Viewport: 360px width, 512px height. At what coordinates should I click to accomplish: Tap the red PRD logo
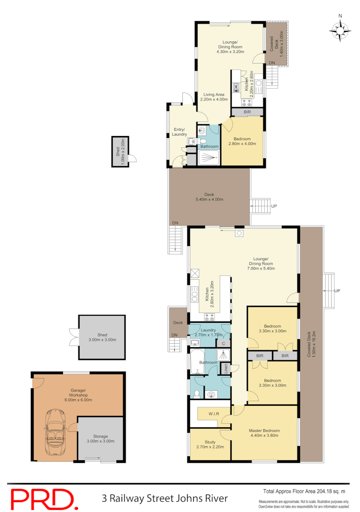[43, 499]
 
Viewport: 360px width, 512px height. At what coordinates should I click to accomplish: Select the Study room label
[210, 444]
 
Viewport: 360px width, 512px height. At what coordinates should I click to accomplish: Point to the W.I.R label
[208, 413]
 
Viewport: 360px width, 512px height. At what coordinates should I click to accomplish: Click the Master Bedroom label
[263, 433]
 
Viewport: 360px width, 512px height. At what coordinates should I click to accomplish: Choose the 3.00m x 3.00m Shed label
[103, 337]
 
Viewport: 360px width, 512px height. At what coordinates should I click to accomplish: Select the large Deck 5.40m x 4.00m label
[209, 197]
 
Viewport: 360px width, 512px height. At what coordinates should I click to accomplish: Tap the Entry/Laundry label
[180, 132]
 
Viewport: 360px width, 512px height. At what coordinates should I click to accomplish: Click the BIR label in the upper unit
[247, 112]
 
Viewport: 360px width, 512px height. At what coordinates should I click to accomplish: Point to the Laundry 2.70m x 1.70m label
[208, 332]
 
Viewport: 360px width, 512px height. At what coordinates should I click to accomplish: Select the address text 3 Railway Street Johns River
[165, 498]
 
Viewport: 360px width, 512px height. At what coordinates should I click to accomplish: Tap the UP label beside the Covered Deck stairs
[337, 291]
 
